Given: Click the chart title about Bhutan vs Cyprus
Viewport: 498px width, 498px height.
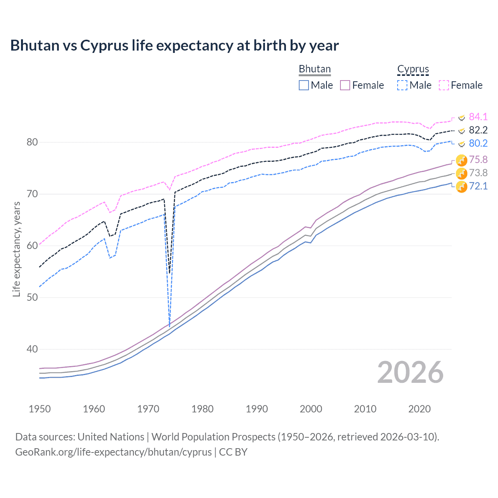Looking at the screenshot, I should point(174,46).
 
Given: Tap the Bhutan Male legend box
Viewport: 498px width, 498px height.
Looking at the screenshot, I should point(304,85).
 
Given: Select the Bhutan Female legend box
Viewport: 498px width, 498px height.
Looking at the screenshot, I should point(345,85).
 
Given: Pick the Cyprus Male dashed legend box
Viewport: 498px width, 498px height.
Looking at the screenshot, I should point(402,85).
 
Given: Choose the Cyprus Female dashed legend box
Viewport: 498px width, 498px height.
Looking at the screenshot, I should point(444,85).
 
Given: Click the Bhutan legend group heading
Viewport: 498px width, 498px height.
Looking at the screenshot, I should point(314,69).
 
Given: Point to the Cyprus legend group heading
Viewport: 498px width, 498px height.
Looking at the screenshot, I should point(413,69).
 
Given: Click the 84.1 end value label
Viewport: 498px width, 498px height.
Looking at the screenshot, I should point(478,117).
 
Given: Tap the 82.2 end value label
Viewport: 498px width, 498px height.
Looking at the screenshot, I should point(478,130).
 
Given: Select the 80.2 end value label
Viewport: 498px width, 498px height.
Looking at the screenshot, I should point(478,143).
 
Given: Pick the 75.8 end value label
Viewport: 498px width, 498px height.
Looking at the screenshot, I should point(478,160).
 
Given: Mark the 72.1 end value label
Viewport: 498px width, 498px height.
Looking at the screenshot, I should point(478,186).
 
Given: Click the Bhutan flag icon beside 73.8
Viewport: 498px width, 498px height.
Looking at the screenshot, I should point(461,173).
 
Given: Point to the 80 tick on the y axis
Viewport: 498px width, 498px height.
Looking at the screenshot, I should point(32,142).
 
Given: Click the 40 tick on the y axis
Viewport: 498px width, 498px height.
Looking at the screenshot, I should point(32,349).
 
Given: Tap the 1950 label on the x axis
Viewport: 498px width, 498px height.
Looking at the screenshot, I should point(40,409).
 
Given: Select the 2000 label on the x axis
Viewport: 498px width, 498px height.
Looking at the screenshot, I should point(311,409).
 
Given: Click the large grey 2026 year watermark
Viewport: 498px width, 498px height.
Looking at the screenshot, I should point(410,372).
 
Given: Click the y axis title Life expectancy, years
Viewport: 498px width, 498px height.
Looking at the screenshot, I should point(16,249).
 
